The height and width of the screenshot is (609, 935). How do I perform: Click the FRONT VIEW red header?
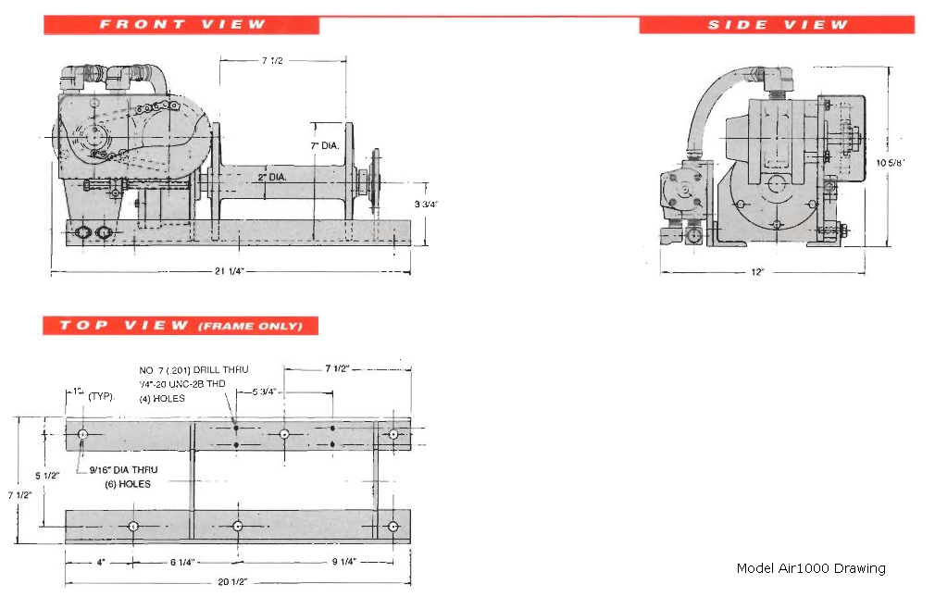point(181,25)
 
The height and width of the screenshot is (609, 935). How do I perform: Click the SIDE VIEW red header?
point(777,25)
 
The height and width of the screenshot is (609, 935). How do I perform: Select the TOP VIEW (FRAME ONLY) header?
point(181,326)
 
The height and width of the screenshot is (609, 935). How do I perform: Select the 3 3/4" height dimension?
point(425,204)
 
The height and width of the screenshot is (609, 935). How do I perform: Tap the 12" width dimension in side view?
point(757,273)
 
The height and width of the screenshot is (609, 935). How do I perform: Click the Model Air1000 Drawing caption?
point(810,568)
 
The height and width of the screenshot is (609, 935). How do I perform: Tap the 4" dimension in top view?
point(98,562)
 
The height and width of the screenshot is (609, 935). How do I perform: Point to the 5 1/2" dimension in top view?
point(47,476)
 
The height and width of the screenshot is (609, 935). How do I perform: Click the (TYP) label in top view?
point(100,395)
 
